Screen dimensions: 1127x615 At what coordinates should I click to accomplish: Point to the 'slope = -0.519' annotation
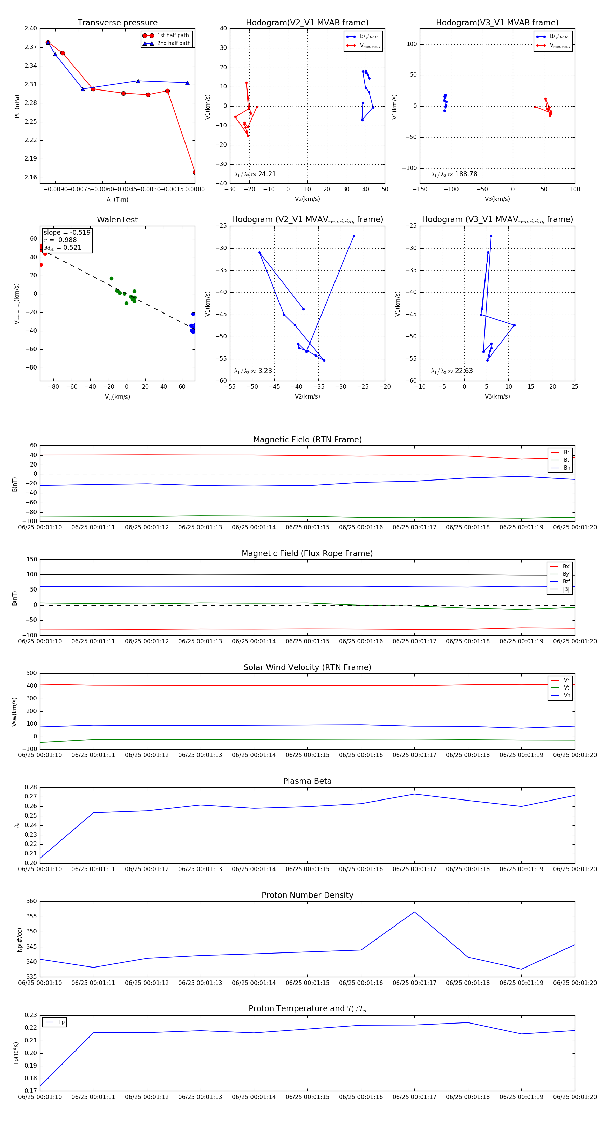pyautogui.click(x=67, y=232)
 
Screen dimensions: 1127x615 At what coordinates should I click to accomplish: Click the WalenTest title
pyautogui.click(x=117, y=220)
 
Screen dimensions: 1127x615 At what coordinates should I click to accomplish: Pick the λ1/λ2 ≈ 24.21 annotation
pyautogui.click(x=255, y=174)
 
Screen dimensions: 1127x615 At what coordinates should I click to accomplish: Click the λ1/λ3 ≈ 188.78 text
pyautogui.click(x=454, y=174)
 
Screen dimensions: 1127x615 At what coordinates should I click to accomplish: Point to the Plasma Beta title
pyautogui.click(x=307, y=781)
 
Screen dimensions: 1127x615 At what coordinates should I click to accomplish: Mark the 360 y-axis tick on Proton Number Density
pyautogui.click(x=31, y=901)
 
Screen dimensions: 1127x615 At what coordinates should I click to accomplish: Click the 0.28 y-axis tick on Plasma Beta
pyautogui.click(x=31, y=787)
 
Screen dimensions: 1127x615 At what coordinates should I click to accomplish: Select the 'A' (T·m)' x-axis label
pyautogui.click(x=117, y=200)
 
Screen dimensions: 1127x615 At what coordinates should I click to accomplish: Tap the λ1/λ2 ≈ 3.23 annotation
pyautogui.click(x=253, y=371)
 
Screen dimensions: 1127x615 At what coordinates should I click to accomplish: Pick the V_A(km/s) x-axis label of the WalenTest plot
pyautogui.click(x=117, y=397)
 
